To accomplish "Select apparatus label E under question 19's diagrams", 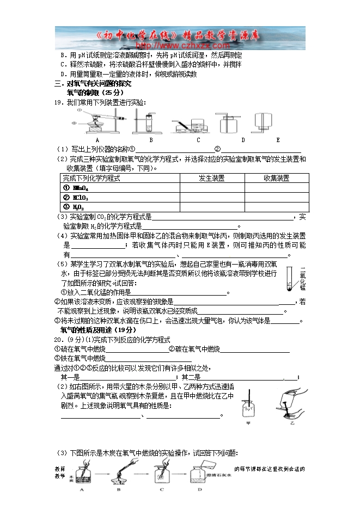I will (278, 140).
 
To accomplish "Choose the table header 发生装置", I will (212, 179).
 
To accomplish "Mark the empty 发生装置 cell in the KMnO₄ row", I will (212, 188).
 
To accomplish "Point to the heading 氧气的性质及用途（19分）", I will (98, 330).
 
